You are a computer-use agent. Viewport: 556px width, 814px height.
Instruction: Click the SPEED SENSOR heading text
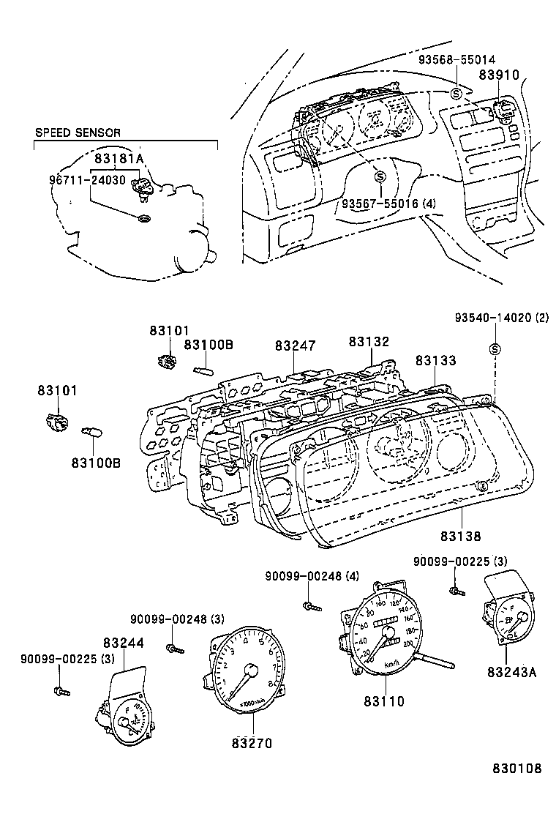click(x=78, y=132)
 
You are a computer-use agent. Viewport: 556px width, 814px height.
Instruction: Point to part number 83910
click(x=499, y=75)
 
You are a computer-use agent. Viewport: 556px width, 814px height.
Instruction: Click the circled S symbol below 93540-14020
click(x=494, y=348)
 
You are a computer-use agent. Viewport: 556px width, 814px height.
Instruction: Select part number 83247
click(x=296, y=346)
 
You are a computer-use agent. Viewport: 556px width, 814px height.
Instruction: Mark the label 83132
click(x=369, y=342)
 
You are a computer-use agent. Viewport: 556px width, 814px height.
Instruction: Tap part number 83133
click(x=436, y=361)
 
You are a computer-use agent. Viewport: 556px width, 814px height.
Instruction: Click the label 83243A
click(x=512, y=671)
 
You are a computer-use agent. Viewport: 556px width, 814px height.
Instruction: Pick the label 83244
click(x=123, y=643)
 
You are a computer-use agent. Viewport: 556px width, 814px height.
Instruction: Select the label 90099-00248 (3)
click(x=178, y=619)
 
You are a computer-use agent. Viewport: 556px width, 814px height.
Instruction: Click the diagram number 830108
click(x=516, y=769)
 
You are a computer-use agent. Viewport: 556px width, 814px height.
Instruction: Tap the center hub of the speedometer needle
click(x=388, y=632)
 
